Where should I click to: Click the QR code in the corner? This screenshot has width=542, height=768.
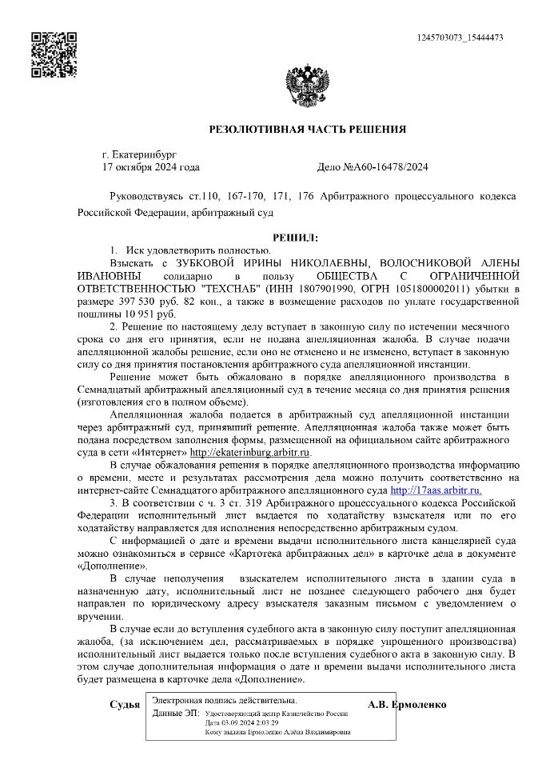click(54, 54)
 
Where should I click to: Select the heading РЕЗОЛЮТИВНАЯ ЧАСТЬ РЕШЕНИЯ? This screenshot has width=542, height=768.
click(307, 130)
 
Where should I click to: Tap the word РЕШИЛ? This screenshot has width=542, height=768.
click(295, 238)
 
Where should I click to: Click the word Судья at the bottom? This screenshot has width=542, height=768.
click(125, 705)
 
